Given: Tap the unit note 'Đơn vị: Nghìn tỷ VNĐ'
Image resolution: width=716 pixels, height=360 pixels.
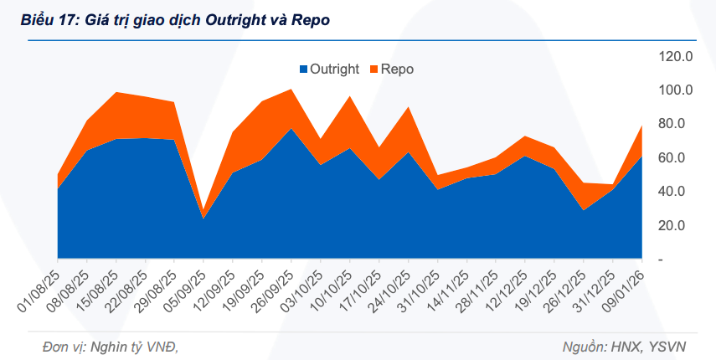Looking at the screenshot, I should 99,346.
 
